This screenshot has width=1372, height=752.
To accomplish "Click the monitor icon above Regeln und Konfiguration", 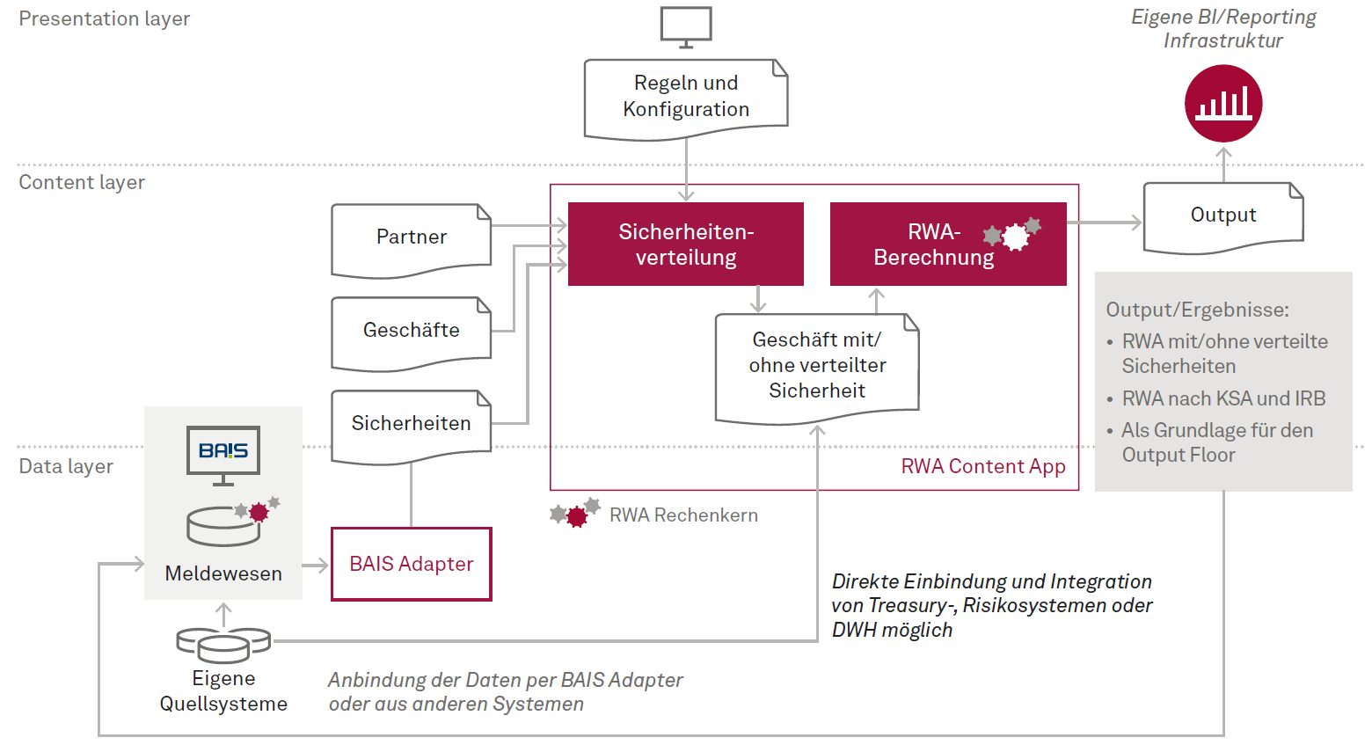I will (x=686, y=26).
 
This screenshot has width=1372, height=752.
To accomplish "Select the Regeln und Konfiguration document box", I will (x=686, y=97).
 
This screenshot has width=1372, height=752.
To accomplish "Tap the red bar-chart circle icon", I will (x=1223, y=104).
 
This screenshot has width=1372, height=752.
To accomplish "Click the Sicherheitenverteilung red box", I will (x=686, y=245).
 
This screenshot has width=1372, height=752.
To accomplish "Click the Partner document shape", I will (x=411, y=237).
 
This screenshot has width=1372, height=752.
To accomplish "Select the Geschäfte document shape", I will (x=411, y=331).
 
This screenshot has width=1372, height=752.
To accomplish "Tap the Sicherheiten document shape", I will (x=411, y=424).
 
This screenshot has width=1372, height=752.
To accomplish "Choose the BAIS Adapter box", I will (x=411, y=564).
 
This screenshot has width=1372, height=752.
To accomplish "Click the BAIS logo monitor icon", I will (x=223, y=453).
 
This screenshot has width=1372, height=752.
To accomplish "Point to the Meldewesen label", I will (x=223, y=573).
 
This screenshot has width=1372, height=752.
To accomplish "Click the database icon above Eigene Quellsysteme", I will (x=223, y=644).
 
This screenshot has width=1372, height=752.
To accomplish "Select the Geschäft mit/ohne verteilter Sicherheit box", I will (x=817, y=366).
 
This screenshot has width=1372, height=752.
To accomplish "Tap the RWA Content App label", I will (x=982, y=466).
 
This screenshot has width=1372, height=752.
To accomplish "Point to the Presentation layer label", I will (x=105, y=18).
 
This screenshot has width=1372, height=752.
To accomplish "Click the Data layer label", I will (x=66, y=466).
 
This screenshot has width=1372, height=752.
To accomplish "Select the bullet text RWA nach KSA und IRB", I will (x=1222, y=398).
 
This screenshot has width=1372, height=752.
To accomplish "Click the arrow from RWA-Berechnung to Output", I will (x=1105, y=223).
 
